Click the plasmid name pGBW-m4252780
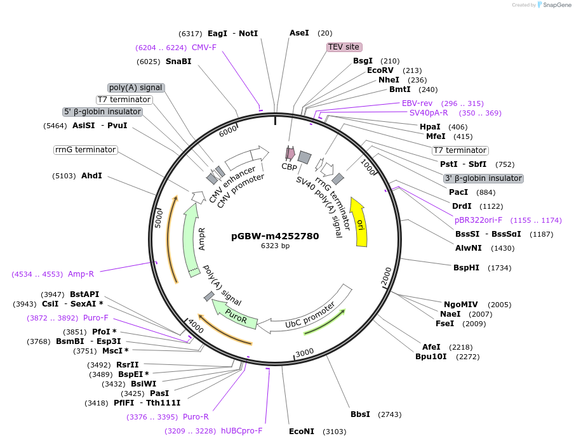tap(275, 236)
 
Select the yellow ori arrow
tap(360, 222)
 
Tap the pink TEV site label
tap(344, 47)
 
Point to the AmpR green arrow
tap(191, 241)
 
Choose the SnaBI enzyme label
tap(178, 62)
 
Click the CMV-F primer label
tap(204, 48)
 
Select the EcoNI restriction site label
tap(302, 432)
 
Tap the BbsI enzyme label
tap(360, 414)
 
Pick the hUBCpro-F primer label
tap(241, 431)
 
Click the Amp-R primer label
tap(81, 274)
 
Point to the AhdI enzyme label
tap(91, 176)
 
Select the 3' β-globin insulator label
tap(483, 178)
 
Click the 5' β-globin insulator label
tap(102, 112)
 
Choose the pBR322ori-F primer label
tap(478, 220)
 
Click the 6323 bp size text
tap(275, 246)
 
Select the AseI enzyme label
tap(299, 33)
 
